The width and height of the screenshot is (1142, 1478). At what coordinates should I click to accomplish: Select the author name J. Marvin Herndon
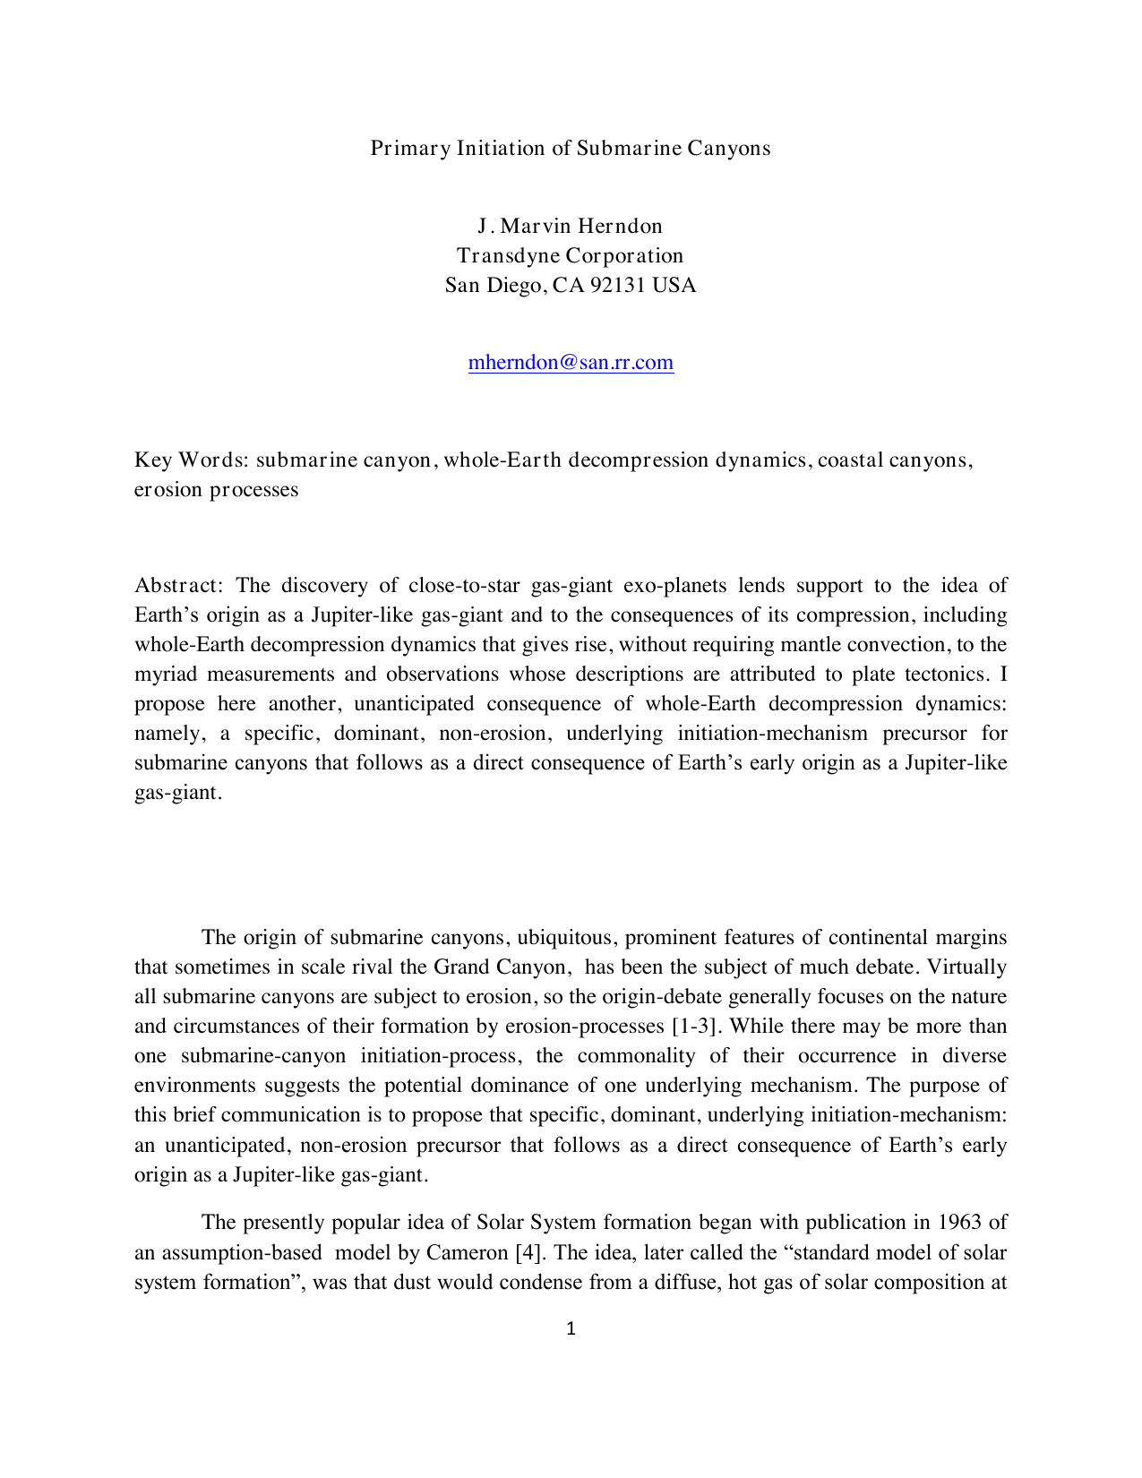571,226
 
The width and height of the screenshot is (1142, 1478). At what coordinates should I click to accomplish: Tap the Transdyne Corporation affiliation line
571,255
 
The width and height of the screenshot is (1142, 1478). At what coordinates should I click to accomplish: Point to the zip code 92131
619,286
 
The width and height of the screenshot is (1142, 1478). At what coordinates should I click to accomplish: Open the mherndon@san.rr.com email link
571,363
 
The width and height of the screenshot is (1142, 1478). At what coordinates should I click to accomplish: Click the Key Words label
191,460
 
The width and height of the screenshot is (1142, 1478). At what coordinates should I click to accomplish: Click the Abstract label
176,586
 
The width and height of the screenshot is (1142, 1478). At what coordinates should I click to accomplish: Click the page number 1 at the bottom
571,1329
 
